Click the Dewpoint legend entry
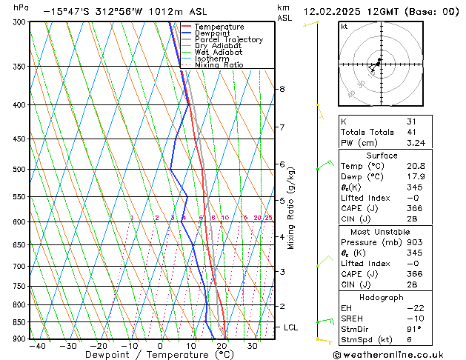click(213, 33)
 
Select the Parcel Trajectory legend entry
click(228, 40)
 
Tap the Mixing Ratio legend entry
click(219, 65)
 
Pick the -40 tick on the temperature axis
click(35, 346)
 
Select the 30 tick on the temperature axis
click(253, 346)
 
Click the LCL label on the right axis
click(291, 327)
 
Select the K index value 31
click(412, 121)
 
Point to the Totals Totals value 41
click(412, 132)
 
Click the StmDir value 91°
click(414, 329)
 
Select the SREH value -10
click(413, 319)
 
